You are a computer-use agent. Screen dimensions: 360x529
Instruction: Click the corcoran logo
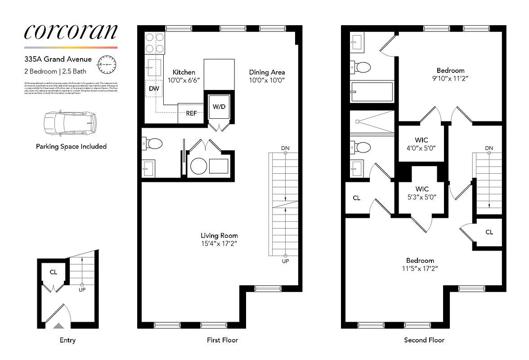pyautogui.click(x=71, y=31)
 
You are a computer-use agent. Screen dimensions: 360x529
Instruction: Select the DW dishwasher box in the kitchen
pyautogui.click(x=154, y=89)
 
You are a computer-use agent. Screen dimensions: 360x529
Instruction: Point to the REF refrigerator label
pyautogui.click(x=191, y=113)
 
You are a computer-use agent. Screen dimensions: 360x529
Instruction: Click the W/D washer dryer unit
pyautogui.click(x=219, y=107)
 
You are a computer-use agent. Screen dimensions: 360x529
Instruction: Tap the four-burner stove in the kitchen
pyautogui.click(x=154, y=44)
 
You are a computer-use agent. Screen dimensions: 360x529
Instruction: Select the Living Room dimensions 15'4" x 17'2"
pyautogui.click(x=219, y=243)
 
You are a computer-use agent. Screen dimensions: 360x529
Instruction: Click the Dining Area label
pyautogui.click(x=267, y=72)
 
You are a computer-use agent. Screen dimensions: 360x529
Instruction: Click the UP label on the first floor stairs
pyautogui.click(x=285, y=261)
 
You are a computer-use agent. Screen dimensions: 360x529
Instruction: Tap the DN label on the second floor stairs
pyautogui.click(x=489, y=148)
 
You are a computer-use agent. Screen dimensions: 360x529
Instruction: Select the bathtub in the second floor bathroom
pyautogui.click(x=372, y=92)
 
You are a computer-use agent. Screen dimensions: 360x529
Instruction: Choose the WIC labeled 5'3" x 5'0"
pyautogui.click(x=421, y=193)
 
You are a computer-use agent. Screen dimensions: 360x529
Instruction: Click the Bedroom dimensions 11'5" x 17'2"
pyautogui.click(x=420, y=268)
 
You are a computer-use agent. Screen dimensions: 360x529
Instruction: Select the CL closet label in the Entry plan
pyautogui.click(x=54, y=272)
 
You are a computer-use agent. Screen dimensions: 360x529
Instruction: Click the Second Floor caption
pyautogui.click(x=424, y=340)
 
